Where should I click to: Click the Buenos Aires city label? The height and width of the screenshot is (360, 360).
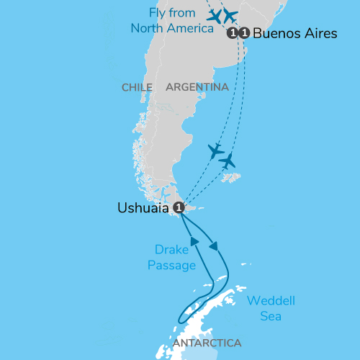[x=295, y=33]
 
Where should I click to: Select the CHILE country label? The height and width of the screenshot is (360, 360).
[x=137, y=87]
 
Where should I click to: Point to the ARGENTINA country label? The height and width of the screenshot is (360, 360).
[x=197, y=87]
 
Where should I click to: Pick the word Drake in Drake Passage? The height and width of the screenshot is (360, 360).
[x=171, y=250]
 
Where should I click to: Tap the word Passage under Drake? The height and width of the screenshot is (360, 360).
[x=171, y=266]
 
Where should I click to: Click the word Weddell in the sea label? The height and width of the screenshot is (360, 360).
[x=271, y=300]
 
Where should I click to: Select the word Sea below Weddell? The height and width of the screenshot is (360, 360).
[x=271, y=316]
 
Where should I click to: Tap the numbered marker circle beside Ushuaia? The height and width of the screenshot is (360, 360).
[x=180, y=207]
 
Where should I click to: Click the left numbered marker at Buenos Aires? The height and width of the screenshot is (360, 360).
[x=232, y=33]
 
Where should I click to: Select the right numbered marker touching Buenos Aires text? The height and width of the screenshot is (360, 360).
[x=244, y=33]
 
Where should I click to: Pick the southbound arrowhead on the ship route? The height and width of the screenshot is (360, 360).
[x=215, y=247]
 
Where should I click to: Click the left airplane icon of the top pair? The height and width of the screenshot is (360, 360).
[x=215, y=15]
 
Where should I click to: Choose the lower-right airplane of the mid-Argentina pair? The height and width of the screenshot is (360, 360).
[x=228, y=161]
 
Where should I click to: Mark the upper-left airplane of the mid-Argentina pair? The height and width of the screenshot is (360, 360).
[x=215, y=151]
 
